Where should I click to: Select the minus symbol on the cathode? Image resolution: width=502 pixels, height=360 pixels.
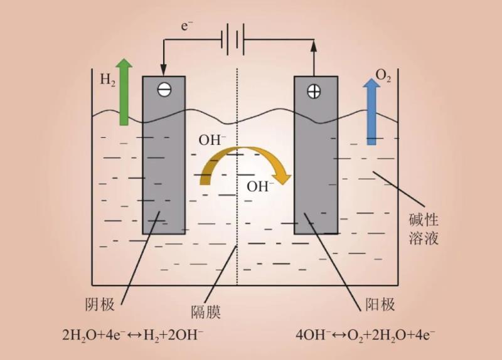point(164,90)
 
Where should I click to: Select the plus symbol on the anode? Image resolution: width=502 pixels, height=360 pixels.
point(313,91)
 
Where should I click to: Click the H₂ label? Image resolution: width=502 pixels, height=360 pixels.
point(107,80)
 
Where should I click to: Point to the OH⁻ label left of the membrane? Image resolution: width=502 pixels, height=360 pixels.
point(213,139)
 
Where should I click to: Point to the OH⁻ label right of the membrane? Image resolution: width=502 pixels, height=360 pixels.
point(260,186)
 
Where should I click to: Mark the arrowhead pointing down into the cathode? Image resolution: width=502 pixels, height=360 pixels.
point(163,68)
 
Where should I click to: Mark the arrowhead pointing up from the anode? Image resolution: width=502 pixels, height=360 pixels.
point(314,45)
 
